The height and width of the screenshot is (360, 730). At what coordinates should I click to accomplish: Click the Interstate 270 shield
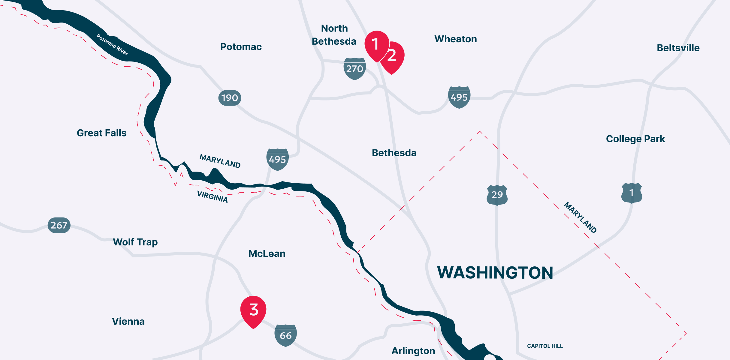pyautogui.click(x=354, y=69)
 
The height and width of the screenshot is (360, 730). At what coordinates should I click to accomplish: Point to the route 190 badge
pyautogui.click(x=230, y=98)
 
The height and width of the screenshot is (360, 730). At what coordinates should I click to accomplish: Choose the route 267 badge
pyautogui.click(x=59, y=225)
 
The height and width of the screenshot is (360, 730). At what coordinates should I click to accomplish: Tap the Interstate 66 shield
pyautogui.click(x=285, y=335)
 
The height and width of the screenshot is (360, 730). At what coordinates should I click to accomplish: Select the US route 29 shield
pyautogui.click(x=497, y=195)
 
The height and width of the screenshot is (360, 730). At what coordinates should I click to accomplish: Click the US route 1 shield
pyautogui.click(x=632, y=193)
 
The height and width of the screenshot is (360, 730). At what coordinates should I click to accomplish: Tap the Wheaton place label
pyautogui.click(x=455, y=39)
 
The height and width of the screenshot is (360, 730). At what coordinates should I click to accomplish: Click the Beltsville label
pyautogui.click(x=678, y=48)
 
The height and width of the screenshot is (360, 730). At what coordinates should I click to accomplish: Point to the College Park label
pyautogui.click(x=635, y=139)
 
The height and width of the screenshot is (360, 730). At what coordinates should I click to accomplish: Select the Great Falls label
pyautogui.click(x=101, y=133)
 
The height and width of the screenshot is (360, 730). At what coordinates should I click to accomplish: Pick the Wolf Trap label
pyautogui.click(x=135, y=242)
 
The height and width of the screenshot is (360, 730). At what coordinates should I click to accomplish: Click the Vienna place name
pyautogui.click(x=128, y=321)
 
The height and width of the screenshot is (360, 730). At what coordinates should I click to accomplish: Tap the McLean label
pyautogui.click(x=267, y=254)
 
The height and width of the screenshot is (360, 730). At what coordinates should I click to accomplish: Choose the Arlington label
pyautogui.click(x=413, y=351)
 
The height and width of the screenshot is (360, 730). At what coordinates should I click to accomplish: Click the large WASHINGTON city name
pyautogui.click(x=495, y=273)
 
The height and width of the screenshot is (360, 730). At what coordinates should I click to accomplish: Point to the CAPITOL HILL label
pyautogui.click(x=545, y=346)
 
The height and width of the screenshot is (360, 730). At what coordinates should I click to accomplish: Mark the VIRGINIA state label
pyautogui.click(x=212, y=197)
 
